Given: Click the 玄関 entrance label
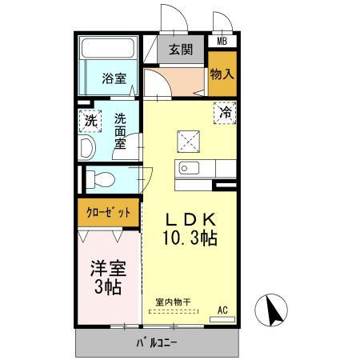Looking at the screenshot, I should click(181, 50).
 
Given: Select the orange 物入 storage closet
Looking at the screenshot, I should click(222, 74).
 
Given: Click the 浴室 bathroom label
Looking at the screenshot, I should click(114, 78).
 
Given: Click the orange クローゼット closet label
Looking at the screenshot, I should click(108, 213).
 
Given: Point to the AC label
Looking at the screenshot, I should click(223, 308).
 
